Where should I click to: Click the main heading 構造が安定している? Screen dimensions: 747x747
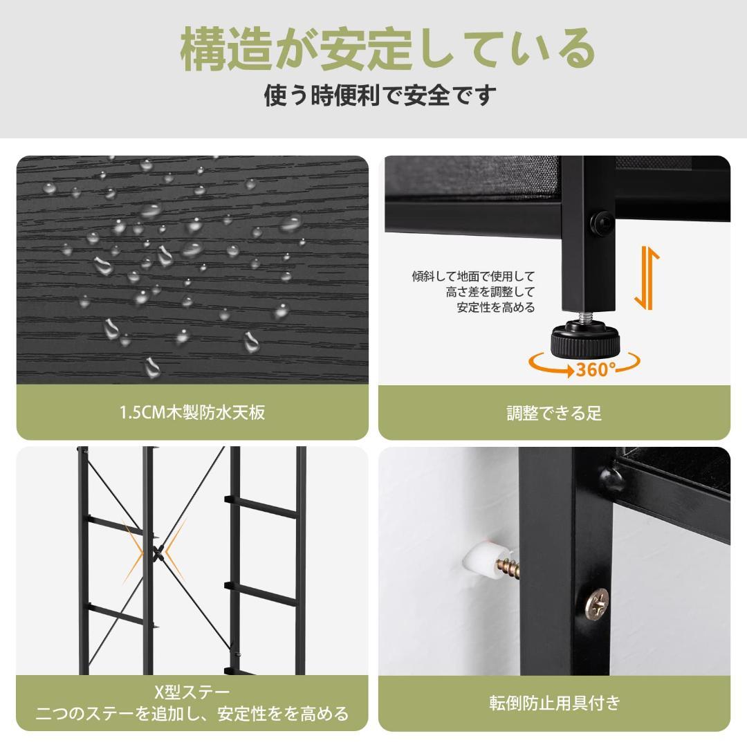[387, 50]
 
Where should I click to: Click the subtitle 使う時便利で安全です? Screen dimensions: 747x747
[380, 95]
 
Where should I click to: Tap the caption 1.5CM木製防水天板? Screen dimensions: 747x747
[192, 413]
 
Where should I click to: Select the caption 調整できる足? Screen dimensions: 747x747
[553, 414]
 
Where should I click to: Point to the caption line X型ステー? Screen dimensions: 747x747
[192, 692]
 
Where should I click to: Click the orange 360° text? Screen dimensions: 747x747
[596, 369]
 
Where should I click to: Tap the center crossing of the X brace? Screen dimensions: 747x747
[158, 551]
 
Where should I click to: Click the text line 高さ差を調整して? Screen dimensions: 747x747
[490, 293]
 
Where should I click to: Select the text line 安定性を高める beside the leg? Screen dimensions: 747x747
[495, 308]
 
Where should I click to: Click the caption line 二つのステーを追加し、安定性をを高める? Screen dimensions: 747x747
[192, 714]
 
